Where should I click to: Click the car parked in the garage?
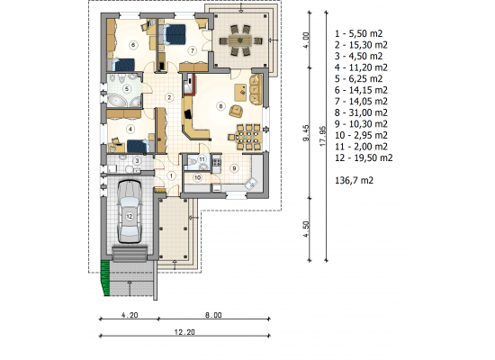click(x=129, y=211)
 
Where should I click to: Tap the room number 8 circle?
click(x=220, y=106)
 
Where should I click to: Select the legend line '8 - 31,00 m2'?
click(x=361, y=112)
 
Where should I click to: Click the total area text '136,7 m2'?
click(x=355, y=181)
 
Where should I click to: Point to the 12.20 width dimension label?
click(x=184, y=332)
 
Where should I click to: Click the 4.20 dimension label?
click(x=130, y=315)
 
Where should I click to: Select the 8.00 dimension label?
click(x=213, y=315)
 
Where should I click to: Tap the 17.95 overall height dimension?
click(x=322, y=136)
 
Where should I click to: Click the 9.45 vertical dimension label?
click(x=306, y=133)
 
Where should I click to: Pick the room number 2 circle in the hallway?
click(x=169, y=97)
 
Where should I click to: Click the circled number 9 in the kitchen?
click(x=234, y=168)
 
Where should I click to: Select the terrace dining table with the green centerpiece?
click(x=240, y=40)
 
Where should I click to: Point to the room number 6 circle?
click(x=133, y=45)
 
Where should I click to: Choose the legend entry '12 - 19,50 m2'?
click(x=364, y=157)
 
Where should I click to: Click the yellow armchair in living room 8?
click(x=236, y=111)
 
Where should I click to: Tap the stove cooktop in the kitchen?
click(x=217, y=163)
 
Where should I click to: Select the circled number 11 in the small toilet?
click(x=202, y=158)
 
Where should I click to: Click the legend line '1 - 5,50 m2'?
click(x=358, y=33)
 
